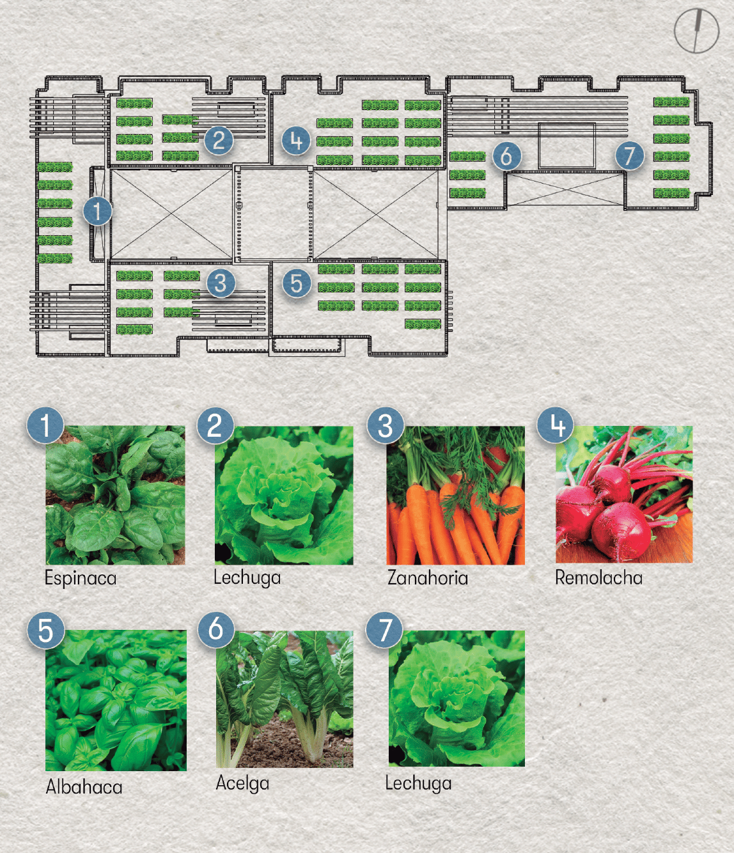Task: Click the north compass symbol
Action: click(x=696, y=31)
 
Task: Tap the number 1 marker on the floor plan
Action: click(x=97, y=211)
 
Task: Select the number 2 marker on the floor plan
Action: click(x=219, y=140)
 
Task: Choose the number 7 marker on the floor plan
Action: click(x=629, y=155)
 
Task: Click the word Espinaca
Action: click(x=81, y=579)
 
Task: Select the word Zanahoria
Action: click(x=428, y=578)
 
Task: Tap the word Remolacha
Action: click(x=598, y=577)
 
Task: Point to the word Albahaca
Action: click(x=84, y=786)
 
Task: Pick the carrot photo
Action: click(x=455, y=495)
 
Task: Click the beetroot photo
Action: click(x=624, y=494)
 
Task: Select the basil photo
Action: click(x=116, y=700)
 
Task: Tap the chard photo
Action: click(x=285, y=699)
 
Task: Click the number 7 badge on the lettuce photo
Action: click(x=384, y=630)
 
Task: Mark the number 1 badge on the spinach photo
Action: click(x=45, y=425)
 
